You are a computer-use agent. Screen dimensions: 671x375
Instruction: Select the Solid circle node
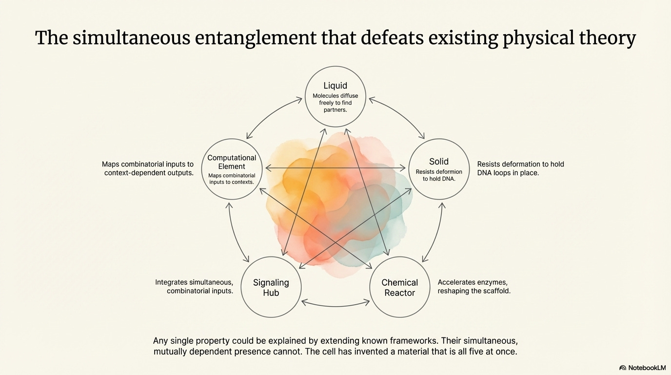pyautogui.click(x=438, y=169)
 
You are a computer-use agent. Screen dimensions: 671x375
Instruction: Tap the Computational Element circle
pyautogui.click(x=232, y=169)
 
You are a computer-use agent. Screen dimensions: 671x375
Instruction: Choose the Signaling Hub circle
pyautogui.click(x=271, y=287)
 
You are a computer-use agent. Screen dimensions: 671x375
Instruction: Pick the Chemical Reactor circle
pyautogui.click(x=400, y=287)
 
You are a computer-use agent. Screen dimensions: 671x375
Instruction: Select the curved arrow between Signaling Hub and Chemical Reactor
pyautogui.click(x=335, y=304)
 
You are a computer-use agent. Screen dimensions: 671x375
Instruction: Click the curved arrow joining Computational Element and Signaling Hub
pyautogui.click(x=235, y=233)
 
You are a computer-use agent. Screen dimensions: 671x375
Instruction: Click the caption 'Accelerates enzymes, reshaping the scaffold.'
pyautogui.click(x=474, y=287)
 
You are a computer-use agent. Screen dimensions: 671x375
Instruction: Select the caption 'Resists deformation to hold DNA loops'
pyautogui.click(x=520, y=168)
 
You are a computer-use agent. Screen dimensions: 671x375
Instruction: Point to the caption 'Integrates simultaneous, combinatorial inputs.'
pyautogui.click(x=194, y=287)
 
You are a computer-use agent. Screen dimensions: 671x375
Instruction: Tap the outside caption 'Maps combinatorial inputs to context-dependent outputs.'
pyautogui.click(x=148, y=168)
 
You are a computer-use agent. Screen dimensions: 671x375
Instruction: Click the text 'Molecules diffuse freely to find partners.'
pyautogui.click(x=335, y=103)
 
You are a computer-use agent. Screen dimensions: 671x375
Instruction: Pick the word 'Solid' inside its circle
pyautogui.click(x=439, y=162)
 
